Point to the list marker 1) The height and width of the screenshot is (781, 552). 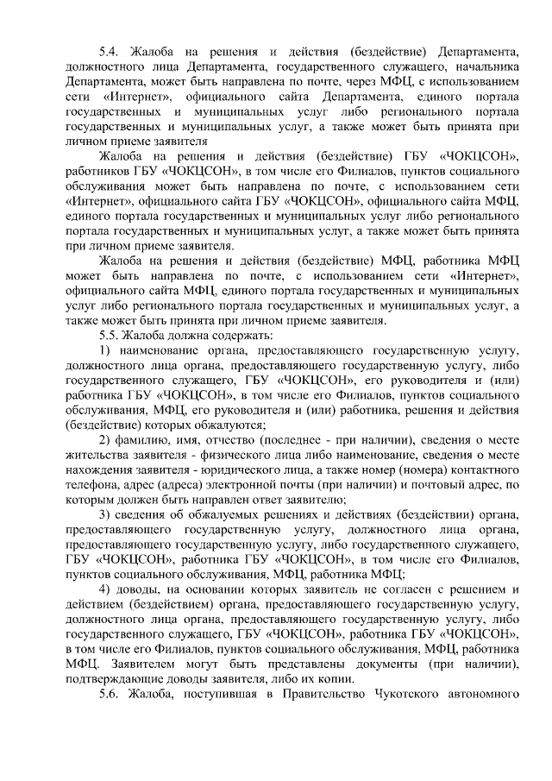105,351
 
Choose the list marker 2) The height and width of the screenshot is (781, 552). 105,438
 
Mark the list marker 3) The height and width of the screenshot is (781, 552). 105,515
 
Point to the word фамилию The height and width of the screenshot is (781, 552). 146,438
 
